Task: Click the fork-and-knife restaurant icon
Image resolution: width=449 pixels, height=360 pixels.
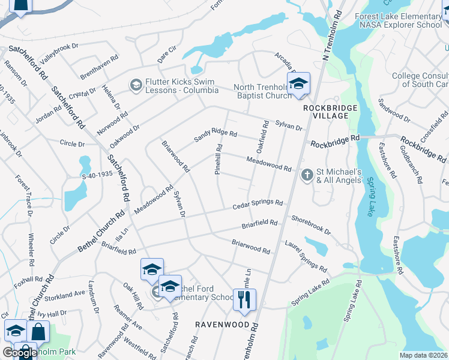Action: [x=244, y=299]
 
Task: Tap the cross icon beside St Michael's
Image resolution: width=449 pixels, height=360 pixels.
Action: [x=307, y=175]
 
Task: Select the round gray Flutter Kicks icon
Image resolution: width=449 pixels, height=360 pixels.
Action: [x=136, y=86]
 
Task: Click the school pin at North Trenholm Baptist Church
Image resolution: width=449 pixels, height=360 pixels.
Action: [x=298, y=85]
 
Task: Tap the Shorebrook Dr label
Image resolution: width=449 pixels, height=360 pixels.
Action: [x=311, y=225]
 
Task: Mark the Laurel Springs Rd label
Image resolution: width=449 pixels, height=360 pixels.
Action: [x=306, y=260]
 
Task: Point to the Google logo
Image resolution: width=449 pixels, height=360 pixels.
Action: [x=20, y=353]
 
